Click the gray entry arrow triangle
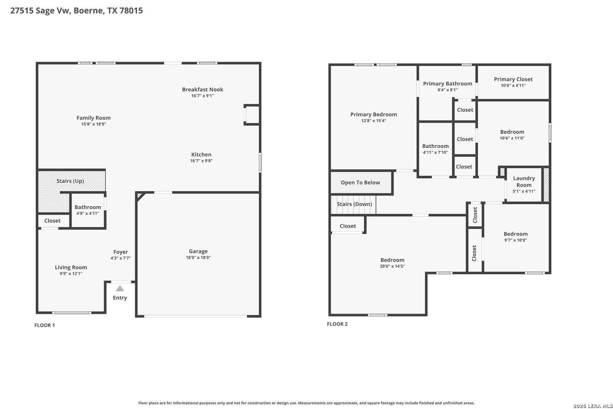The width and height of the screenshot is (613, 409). [x=120, y=288]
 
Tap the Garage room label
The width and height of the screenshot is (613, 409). [x=198, y=251]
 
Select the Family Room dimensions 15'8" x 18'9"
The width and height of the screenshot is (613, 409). [x=93, y=124]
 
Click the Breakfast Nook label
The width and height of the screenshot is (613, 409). [x=202, y=89]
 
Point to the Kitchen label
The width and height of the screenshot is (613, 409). [x=201, y=155]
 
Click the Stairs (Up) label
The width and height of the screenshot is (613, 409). [x=70, y=181]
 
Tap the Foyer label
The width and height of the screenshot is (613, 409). [x=121, y=252]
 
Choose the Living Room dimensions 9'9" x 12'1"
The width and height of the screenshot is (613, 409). [x=71, y=273]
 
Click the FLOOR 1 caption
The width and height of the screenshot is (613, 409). [x=45, y=325]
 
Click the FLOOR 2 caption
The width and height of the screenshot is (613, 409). [x=337, y=324]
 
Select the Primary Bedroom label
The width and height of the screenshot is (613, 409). [x=373, y=114]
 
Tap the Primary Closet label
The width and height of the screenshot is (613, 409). [x=513, y=79]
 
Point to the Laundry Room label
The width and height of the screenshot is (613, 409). [x=524, y=182]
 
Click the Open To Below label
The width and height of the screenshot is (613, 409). [x=360, y=183]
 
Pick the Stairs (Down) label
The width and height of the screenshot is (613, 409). [x=355, y=204]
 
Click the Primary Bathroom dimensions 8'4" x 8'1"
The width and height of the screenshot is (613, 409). [x=447, y=90]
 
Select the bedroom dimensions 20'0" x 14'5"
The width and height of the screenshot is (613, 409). [x=392, y=266]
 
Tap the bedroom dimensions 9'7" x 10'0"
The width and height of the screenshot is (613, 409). [x=516, y=240]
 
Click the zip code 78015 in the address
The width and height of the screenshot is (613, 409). [x=131, y=10]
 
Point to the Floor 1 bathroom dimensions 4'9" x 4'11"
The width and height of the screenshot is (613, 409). [x=87, y=214]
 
